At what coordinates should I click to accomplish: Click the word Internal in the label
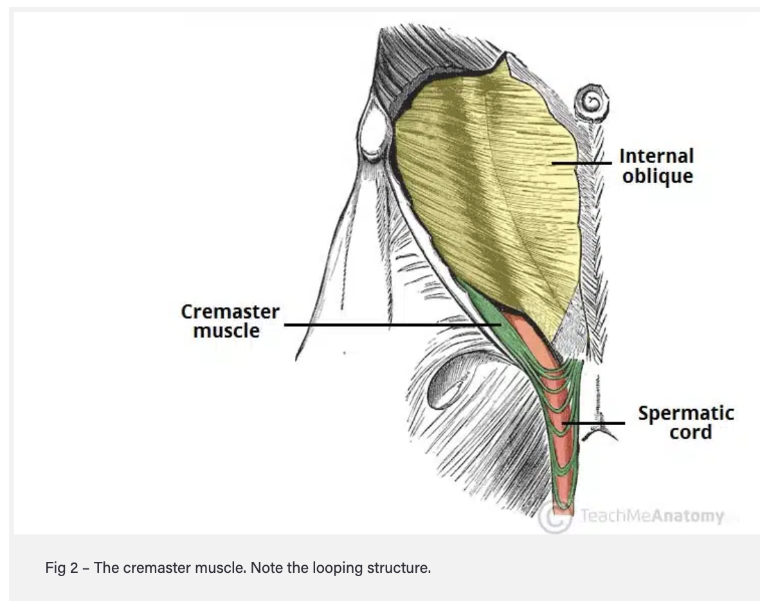656,156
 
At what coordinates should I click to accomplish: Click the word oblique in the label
657,176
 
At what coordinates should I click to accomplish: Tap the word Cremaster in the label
230,312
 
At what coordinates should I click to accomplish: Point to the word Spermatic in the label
685,413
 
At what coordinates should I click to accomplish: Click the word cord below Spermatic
691,432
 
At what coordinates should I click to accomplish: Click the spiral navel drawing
589,101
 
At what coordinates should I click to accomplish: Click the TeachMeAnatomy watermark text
651,516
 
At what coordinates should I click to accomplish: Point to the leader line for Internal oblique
582,163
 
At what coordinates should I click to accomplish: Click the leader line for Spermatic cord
595,423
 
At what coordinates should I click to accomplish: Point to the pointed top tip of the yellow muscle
507,57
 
